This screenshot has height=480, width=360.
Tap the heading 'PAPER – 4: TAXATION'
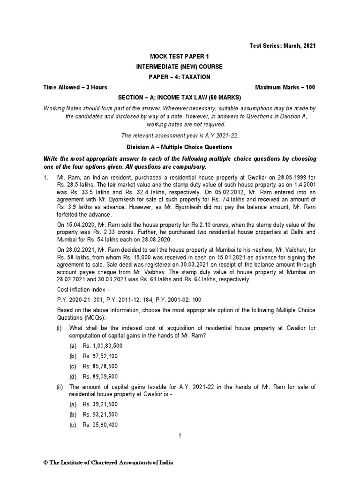click(180, 77)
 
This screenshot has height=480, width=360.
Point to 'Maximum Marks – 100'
click(285, 87)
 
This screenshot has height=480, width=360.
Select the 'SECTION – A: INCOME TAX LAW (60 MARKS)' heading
click(180, 97)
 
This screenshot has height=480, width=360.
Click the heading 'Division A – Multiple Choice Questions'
click(180, 147)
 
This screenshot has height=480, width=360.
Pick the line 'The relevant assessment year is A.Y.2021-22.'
click(180, 135)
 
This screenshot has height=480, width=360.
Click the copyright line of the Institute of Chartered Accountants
click(108, 462)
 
